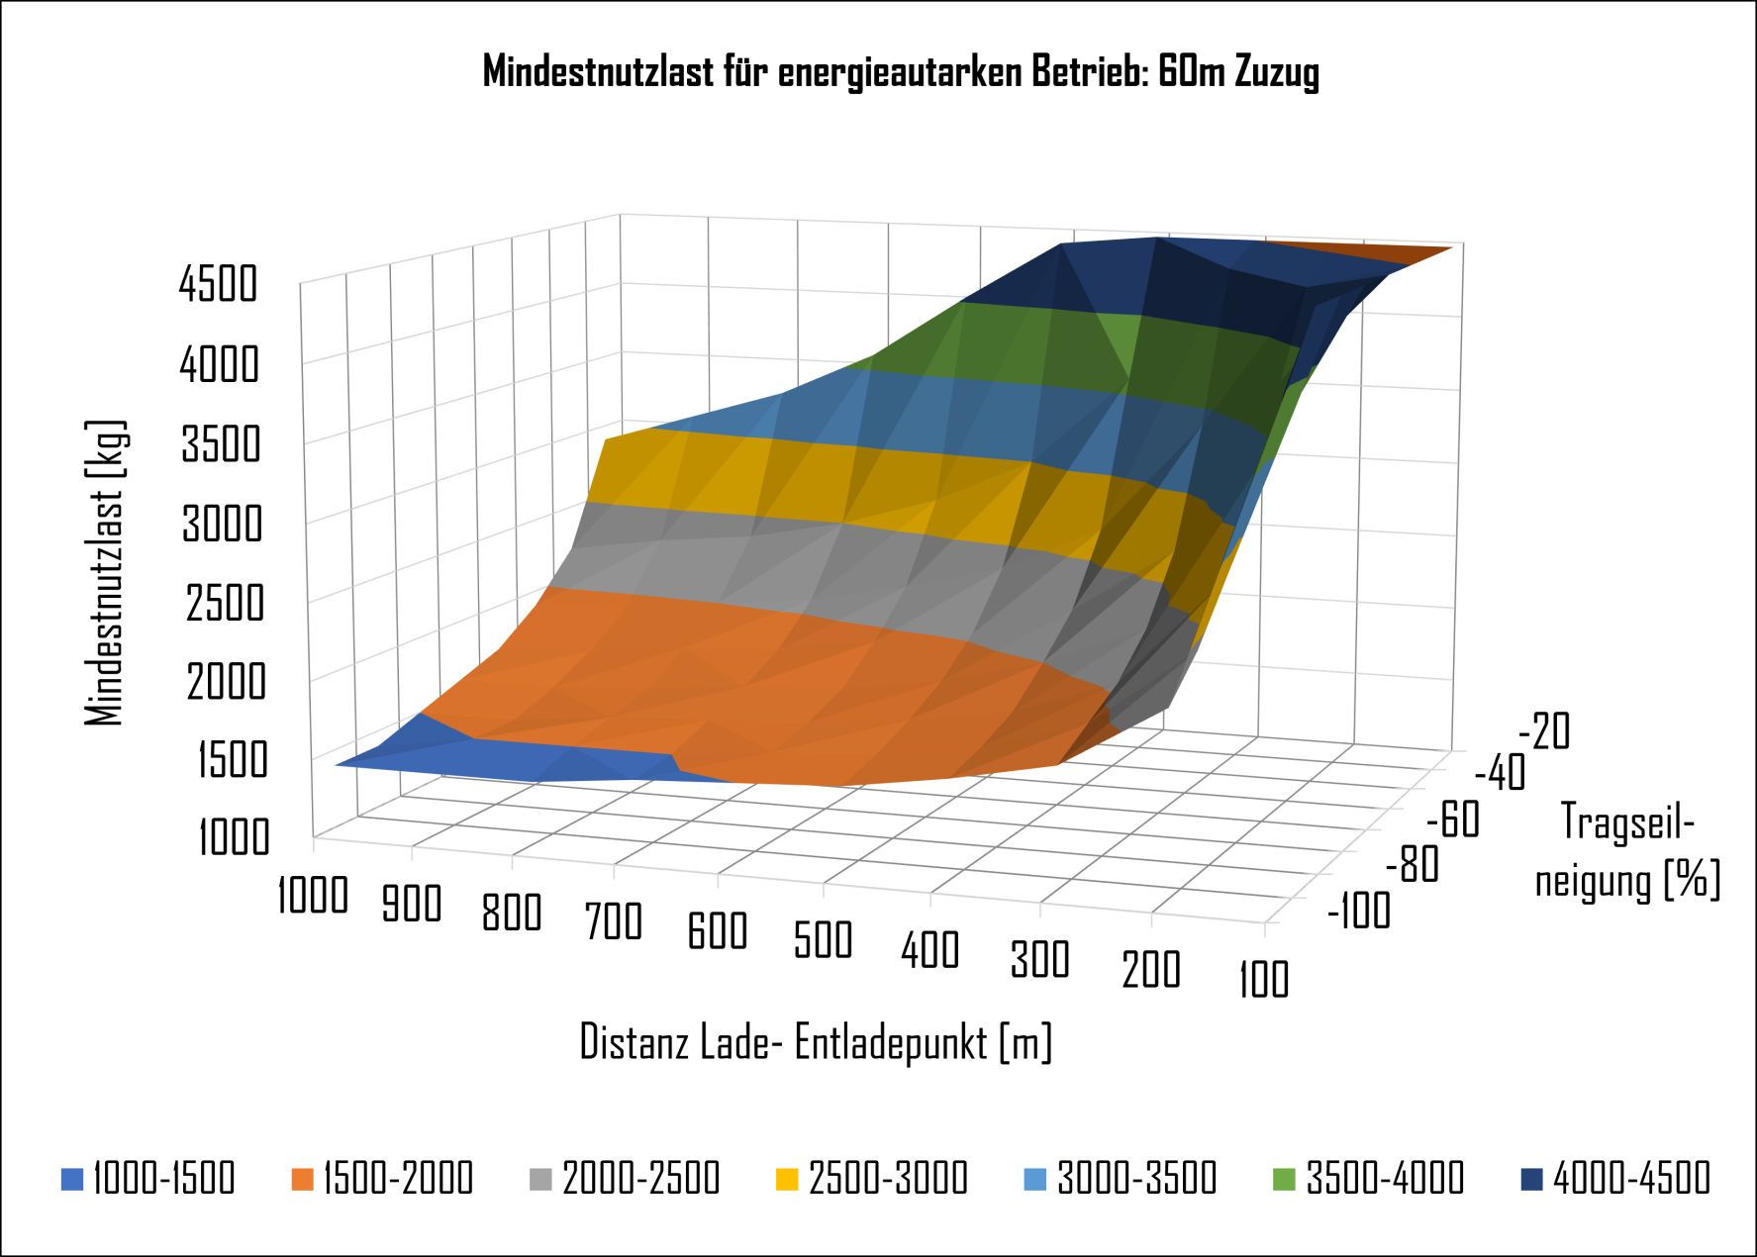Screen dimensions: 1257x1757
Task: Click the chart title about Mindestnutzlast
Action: [901, 72]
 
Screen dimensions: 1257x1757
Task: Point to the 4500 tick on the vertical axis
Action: [218, 284]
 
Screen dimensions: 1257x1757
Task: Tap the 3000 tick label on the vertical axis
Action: [222, 524]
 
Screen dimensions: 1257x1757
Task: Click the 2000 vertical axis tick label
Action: [226, 682]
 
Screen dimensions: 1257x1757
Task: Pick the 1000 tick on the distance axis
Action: [312, 896]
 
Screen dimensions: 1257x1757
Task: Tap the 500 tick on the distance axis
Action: [823, 939]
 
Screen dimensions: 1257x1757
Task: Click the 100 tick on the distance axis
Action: [1264, 979]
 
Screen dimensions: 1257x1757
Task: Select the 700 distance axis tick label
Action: [614, 921]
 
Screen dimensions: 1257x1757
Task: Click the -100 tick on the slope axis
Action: [1359, 911]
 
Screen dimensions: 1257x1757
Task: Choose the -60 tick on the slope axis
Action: [1452, 821]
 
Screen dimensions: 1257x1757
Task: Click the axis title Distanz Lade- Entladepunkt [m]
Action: [816, 1042]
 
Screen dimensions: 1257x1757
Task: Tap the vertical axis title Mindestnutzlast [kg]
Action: [105, 572]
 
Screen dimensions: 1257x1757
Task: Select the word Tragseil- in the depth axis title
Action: [1628, 822]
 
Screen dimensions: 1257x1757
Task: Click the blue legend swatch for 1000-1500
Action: [72, 1180]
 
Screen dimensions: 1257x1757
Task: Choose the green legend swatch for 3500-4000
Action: [1284, 1180]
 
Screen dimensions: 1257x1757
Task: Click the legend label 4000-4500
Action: [1631, 1179]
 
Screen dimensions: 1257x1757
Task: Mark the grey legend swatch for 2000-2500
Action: [540, 1180]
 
